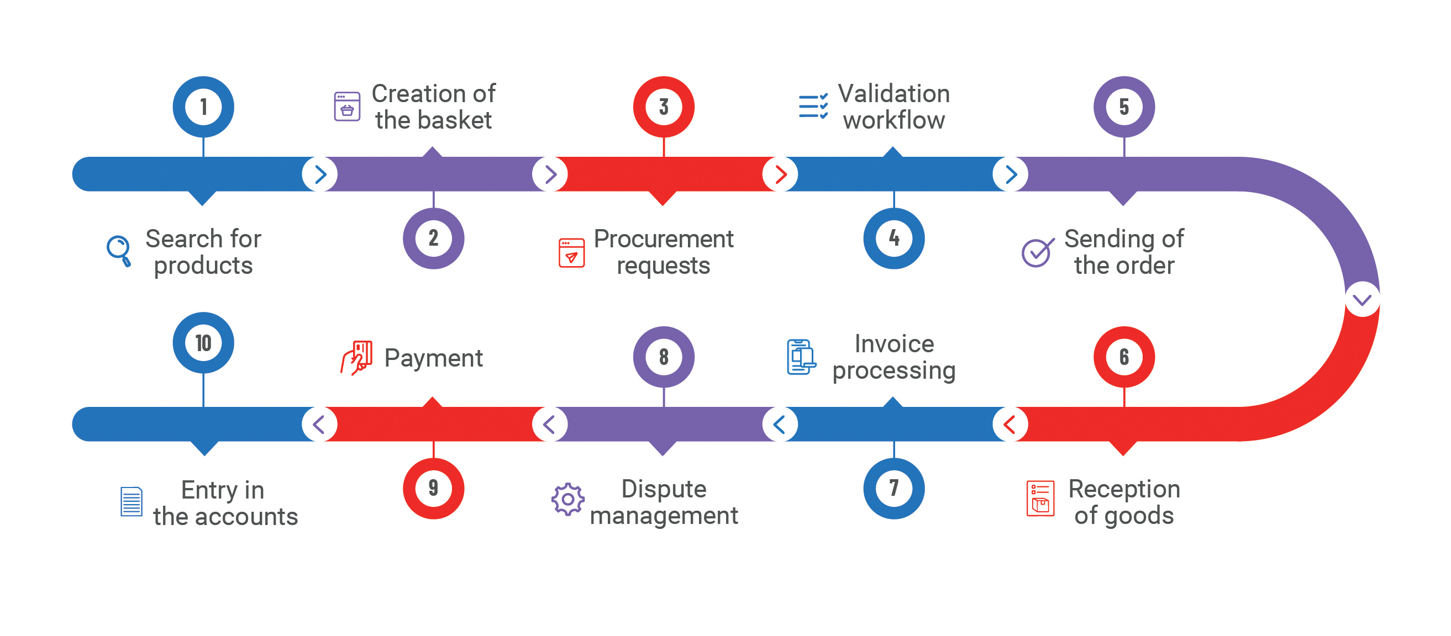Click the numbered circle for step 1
[x=203, y=107]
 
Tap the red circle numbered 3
[x=664, y=107]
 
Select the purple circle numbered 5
[x=1124, y=107]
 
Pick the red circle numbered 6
[x=1124, y=357]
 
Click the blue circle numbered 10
[x=203, y=343]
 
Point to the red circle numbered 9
[x=433, y=488]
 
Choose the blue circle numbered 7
[x=893, y=488]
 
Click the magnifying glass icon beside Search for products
[x=119, y=251]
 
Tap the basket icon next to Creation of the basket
[x=347, y=107]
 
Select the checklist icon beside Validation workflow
[x=813, y=107]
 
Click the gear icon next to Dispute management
[x=568, y=499]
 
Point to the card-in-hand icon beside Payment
[x=356, y=357]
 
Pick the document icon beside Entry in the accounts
[x=132, y=501]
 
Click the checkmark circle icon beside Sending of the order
[x=1037, y=252]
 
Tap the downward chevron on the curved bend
[x=1362, y=299]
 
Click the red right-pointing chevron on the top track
[x=780, y=174]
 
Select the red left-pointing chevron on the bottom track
[x=1010, y=425]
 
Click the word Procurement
[x=664, y=239]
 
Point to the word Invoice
[x=894, y=344]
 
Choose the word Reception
[x=1124, y=489]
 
